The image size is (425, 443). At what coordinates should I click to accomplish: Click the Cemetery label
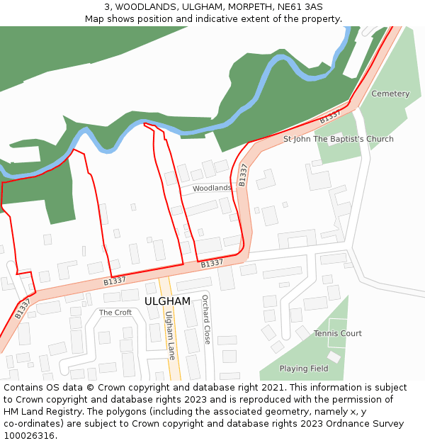tap(390, 94)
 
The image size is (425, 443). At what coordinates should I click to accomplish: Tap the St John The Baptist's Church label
tap(338, 139)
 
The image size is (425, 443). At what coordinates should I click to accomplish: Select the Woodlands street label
tap(212, 188)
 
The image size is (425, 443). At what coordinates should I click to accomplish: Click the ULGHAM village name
tap(167, 301)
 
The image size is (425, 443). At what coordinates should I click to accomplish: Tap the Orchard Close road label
tap(206, 320)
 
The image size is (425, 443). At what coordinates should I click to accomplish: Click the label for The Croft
tap(115, 313)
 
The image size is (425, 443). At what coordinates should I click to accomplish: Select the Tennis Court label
tap(338, 333)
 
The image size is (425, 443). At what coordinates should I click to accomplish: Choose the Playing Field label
tap(304, 369)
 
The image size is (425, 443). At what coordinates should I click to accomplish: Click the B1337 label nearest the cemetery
tap(330, 116)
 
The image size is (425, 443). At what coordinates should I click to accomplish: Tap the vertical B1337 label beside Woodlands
tap(243, 175)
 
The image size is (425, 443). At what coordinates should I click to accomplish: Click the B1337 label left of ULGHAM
tap(115, 281)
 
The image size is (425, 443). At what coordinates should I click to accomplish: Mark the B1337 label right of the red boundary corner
tap(212, 264)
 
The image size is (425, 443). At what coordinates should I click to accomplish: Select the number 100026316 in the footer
tap(30, 436)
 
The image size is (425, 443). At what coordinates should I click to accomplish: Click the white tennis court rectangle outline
tap(337, 333)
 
